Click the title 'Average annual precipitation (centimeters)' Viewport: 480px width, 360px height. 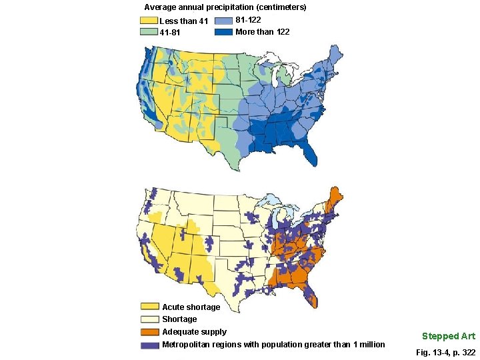click(x=225, y=7)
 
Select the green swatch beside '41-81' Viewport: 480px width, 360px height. click(x=149, y=32)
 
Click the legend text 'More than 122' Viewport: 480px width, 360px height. click(x=263, y=32)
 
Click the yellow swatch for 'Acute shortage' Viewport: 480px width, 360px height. click(x=150, y=307)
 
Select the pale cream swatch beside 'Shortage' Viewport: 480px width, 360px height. click(x=150, y=319)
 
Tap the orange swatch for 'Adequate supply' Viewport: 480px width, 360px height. click(x=150, y=332)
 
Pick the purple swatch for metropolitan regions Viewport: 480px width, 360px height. click(x=150, y=345)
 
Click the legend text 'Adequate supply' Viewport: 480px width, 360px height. click(x=194, y=332)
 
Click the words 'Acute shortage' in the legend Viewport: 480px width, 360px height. click(x=191, y=307)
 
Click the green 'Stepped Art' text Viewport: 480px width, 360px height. click(x=448, y=336)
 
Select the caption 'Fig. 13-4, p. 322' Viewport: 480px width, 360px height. click(x=445, y=351)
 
